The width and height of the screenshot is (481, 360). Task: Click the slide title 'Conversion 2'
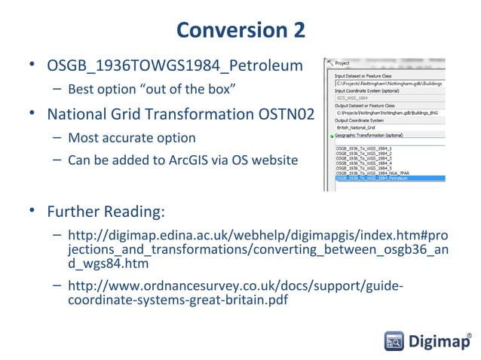pyautogui.click(x=240, y=30)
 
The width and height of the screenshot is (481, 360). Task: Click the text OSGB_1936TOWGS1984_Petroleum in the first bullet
pyautogui.click(x=175, y=66)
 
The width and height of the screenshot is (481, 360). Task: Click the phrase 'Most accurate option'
pyautogui.click(x=131, y=139)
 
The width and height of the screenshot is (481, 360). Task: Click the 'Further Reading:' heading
pyautogui.click(x=106, y=209)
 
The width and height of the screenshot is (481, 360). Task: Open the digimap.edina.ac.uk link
pyautogui.click(x=256, y=249)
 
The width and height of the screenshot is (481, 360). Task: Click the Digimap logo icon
pyautogui.click(x=394, y=341)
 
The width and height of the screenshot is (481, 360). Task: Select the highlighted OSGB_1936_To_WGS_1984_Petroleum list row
pyautogui.click(x=369, y=178)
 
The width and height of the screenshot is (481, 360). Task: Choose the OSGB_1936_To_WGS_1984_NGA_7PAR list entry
pyautogui.click(x=369, y=173)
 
